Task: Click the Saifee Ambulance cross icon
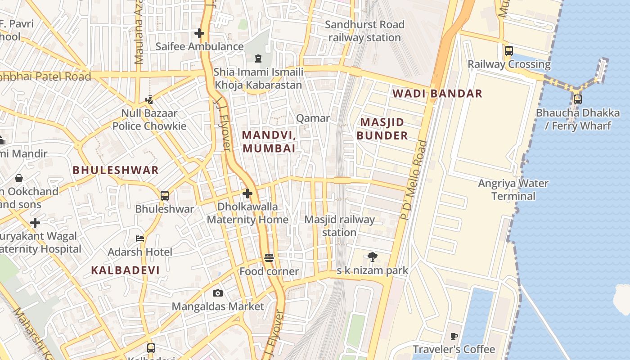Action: coord(199,33)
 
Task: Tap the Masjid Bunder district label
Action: coord(382,129)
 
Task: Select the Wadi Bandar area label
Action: coord(437,94)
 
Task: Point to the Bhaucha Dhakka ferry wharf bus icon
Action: coord(577,99)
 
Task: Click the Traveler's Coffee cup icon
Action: coord(454,336)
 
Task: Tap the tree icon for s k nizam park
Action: coord(372,257)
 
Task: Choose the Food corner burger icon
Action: coord(269,258)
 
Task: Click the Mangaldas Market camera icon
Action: coord(218,293)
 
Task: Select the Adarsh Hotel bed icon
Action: coord(140,238)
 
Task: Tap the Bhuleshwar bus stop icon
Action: coord(165,196)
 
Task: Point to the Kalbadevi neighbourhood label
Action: coord(126,270)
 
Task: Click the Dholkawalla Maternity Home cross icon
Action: coord(247,193)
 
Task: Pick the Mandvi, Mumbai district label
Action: coord(269,141)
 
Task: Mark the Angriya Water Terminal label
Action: coord(513,189)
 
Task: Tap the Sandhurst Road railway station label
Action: coord(364,31)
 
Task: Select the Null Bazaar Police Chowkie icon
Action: coord(149,100)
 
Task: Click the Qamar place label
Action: coord(313,118)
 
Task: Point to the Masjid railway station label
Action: coord(339,226)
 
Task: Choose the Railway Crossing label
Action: coord(509,64)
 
